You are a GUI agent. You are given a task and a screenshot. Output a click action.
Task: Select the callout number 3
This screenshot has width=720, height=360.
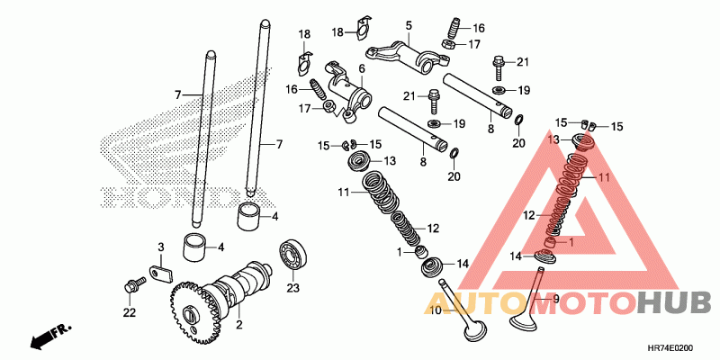[x=161, y=247]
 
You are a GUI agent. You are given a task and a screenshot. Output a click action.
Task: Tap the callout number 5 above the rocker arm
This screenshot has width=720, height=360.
[x=408, y=26]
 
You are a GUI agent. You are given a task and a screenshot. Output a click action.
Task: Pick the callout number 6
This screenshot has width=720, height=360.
[x=362, y=68]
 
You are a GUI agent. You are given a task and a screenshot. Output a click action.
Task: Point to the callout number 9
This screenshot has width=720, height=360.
[x=555, y=299]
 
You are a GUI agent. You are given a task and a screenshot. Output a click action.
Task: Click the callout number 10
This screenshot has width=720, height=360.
[x=435, y=310]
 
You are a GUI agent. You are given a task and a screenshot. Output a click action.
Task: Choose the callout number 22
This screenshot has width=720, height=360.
[x=130, y=312]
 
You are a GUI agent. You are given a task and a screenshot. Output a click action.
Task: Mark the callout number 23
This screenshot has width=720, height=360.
[x=292, y=288]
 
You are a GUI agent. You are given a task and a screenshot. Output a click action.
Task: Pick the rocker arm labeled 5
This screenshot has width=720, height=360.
[x=409, y=58]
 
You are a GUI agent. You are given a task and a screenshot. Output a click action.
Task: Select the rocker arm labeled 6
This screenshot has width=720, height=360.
[x=346, y=91]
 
